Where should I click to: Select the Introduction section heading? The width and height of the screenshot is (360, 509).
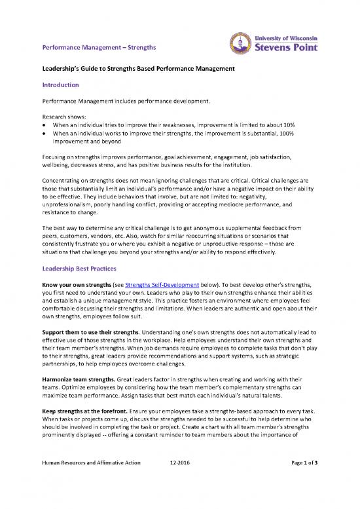61,85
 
